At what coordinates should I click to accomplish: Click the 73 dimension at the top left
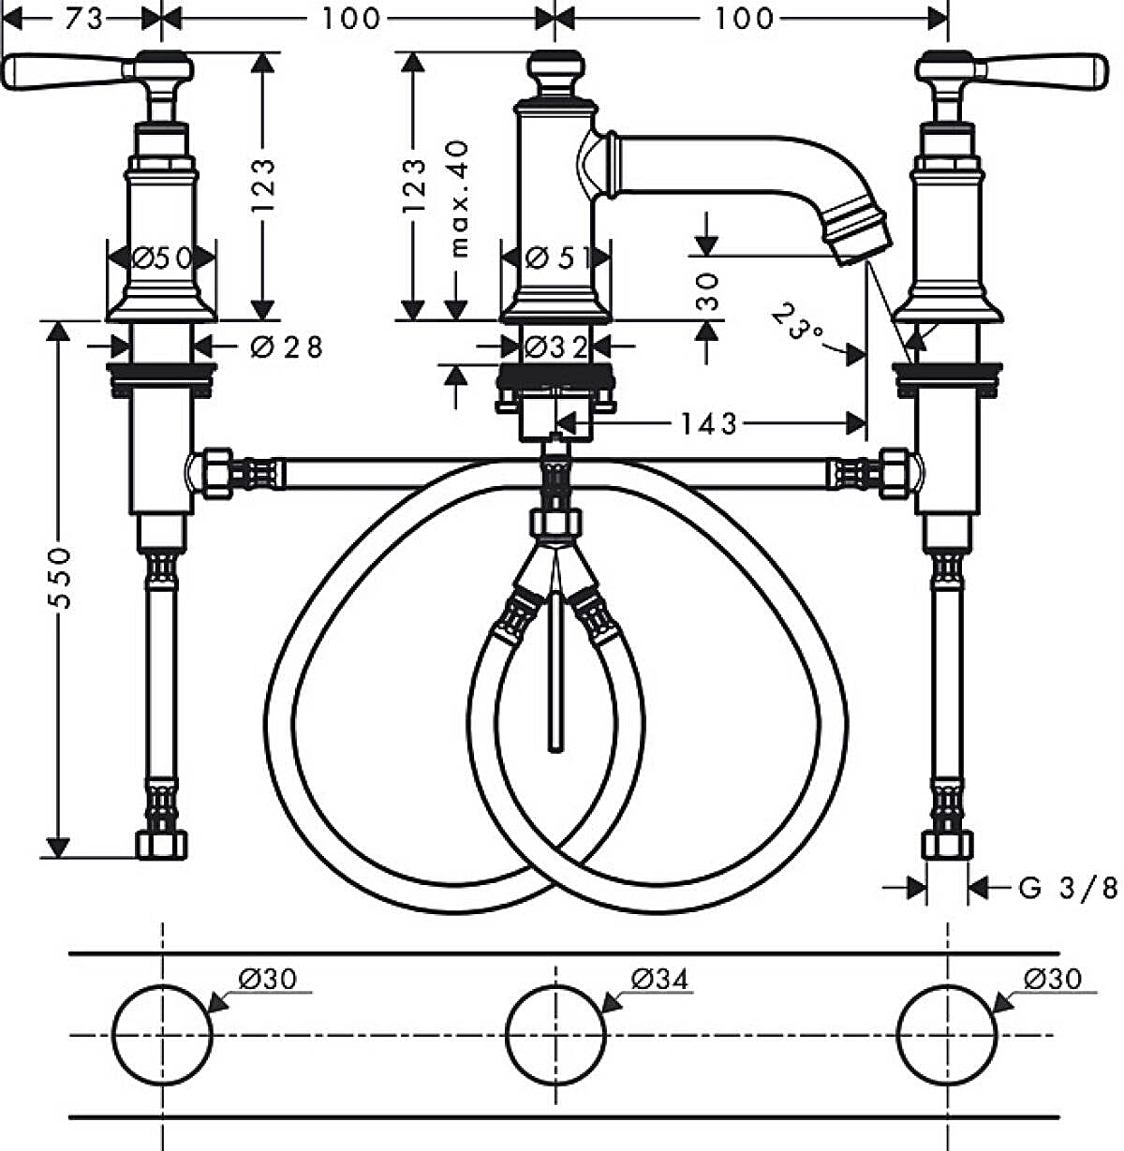pos(83,18)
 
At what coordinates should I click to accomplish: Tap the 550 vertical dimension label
pos(60,579)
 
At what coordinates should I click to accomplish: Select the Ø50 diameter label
pos(162,257)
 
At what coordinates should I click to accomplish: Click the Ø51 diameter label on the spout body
pos(556,257)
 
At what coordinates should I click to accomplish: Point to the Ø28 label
pos(287,347)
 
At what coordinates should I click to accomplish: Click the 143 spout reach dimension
pos(709,424)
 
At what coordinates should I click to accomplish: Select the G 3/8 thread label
pos(1067,887)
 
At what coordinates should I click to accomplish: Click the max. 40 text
pos(458,198)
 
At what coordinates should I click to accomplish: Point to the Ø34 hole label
pos(659,980)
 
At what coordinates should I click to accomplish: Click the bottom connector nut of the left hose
pos(162,844)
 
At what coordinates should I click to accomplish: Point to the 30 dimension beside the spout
pos(708,291)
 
